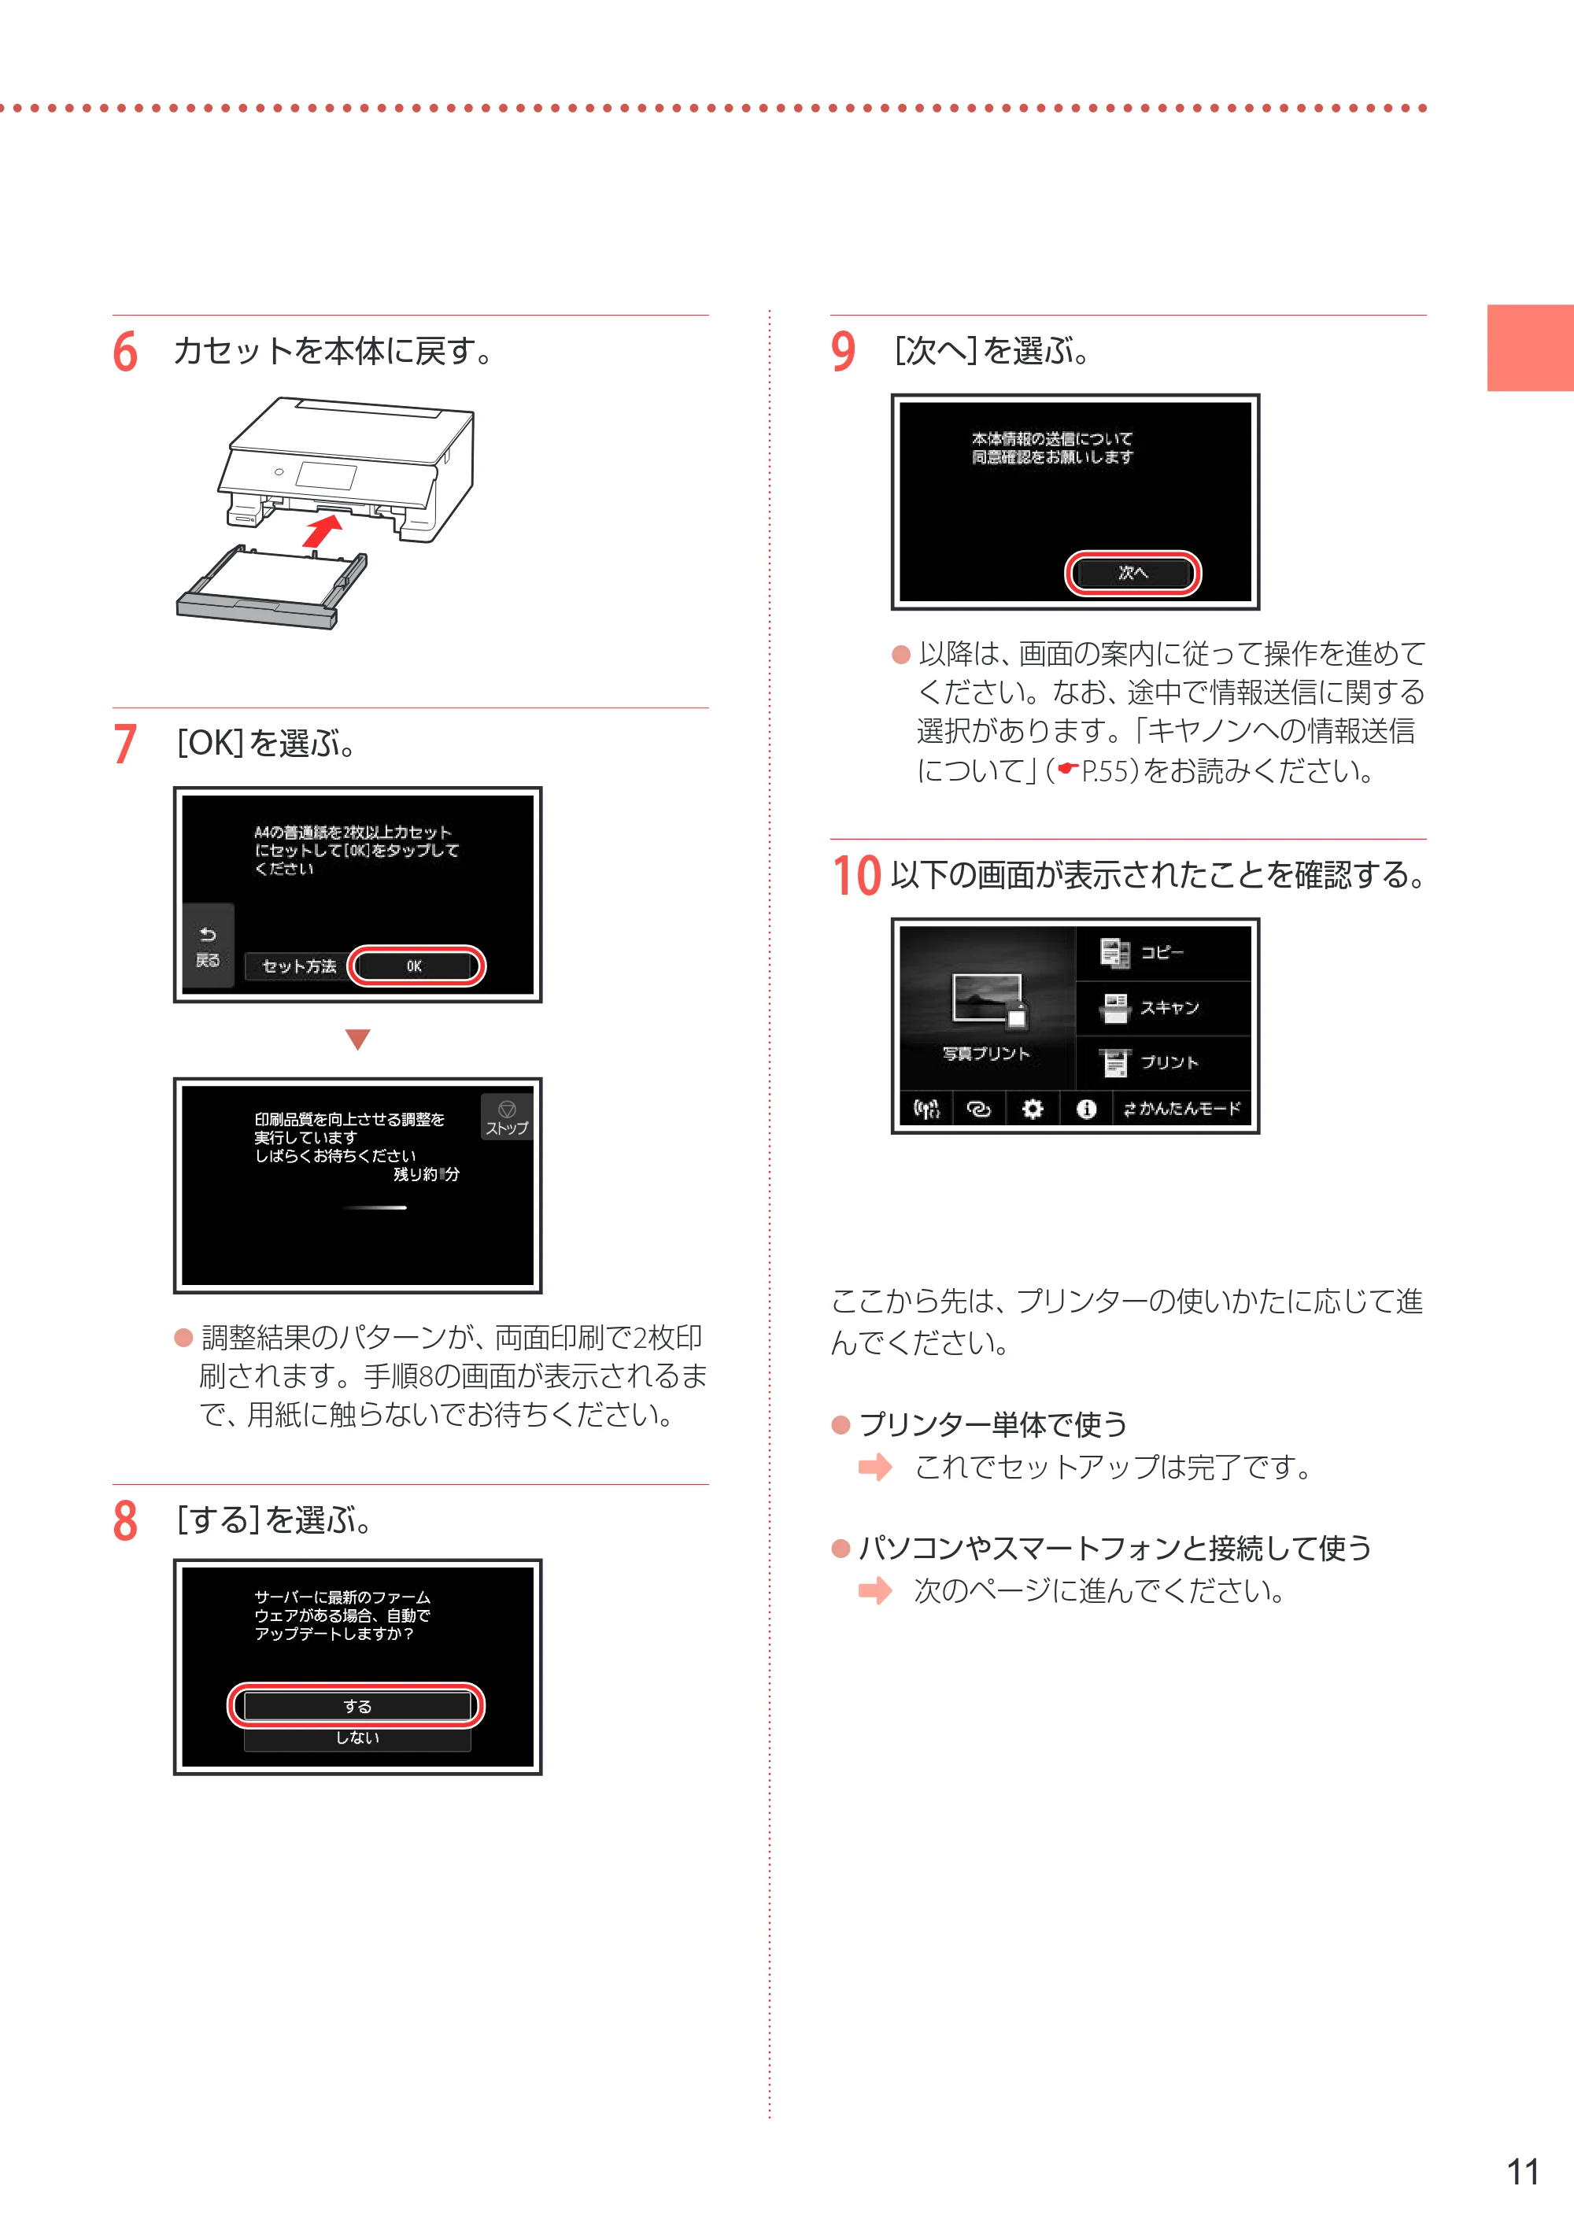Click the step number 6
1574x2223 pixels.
tap(125, 352)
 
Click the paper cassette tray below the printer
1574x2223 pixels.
tap(272, 586)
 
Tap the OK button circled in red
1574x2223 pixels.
tap(415, 966)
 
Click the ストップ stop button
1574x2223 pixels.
tap(506, 1117)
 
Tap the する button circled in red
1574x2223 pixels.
tap(357, 1705)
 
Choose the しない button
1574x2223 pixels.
tap(357, 1737)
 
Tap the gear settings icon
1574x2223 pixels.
tap(1033, 1109)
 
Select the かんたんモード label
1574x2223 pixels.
tap(1190, 1109)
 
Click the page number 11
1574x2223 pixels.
tap(1523, 2172)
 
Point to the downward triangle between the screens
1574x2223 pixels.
tap(357, 1039)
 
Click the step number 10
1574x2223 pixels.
tap(857, 875)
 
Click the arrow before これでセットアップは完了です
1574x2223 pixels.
tap(874, 1467)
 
